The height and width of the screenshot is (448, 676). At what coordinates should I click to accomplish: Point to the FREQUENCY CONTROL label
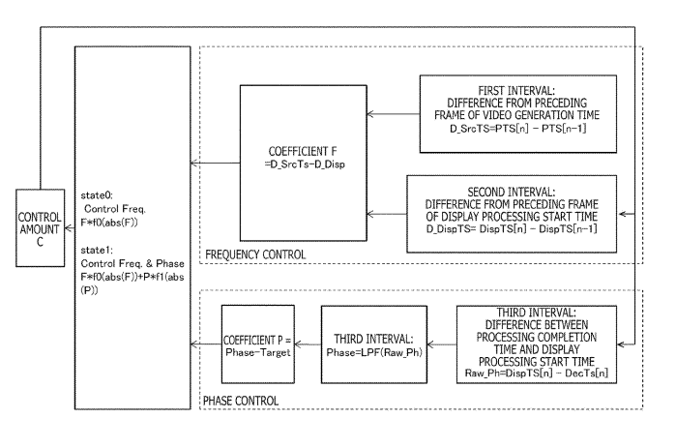(255, 254)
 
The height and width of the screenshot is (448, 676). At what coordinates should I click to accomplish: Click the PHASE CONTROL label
(241, 401)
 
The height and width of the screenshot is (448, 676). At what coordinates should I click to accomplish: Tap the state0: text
(97, 195)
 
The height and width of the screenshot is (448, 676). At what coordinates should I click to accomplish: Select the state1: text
(97, 250)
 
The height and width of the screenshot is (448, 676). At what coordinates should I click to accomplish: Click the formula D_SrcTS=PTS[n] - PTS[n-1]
(517, 129)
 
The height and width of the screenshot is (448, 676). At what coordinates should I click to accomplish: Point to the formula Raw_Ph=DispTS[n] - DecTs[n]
(537, 373)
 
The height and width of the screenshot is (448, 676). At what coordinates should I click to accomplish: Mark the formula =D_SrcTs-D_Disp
(305, 164)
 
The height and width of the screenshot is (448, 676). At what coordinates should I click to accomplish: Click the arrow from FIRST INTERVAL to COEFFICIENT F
(394, 114)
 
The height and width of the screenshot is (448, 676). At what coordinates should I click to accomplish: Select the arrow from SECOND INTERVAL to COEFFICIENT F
(387, 214)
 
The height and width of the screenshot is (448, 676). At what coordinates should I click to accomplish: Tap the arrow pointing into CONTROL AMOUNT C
(70, 228)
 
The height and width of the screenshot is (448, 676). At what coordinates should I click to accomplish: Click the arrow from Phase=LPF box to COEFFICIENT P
(308, 344)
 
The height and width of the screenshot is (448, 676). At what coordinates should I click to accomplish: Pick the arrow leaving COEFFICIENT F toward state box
(215, 163)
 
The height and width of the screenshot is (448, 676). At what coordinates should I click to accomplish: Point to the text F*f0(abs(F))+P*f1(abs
(132, 277)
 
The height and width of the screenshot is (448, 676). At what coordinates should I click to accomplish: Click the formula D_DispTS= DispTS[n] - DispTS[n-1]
(512, 229)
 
